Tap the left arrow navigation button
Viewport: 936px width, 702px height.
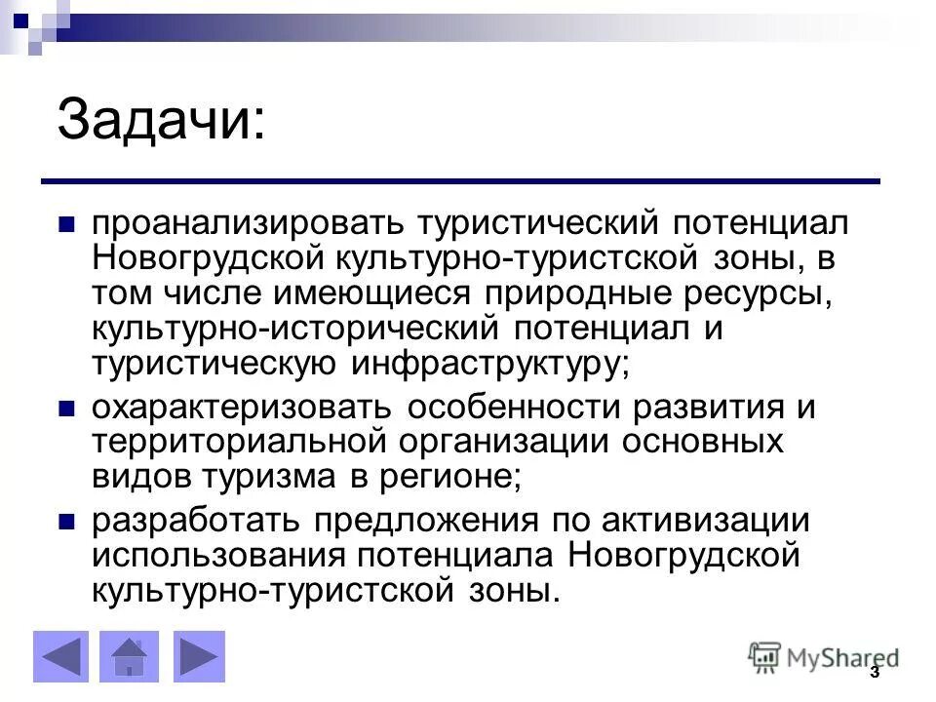click(60, 656)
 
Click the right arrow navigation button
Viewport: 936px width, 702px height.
click(200, 656)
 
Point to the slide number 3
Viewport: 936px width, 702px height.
click(874, 673)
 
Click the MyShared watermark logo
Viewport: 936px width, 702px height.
click(824, 657)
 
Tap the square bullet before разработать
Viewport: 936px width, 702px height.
click(67, 522)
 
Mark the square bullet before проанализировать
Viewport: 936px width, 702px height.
click(67, 223)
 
